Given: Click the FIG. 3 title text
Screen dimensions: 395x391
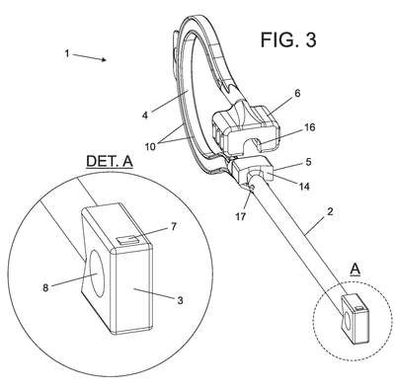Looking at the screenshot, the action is coord(288,39).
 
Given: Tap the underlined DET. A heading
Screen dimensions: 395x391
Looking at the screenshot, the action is coord(110,162).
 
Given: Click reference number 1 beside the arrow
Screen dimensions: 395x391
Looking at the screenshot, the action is coord(67,53).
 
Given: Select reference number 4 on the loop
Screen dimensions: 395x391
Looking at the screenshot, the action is coord(145,116).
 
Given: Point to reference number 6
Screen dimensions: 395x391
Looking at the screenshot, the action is coord(297,93).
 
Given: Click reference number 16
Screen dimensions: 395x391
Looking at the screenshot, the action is coord(310,127).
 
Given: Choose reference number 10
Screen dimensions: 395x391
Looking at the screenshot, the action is coord(150,146).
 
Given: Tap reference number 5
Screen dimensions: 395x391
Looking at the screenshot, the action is coord(308,162).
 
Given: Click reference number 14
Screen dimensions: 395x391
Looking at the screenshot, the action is coord(304,187).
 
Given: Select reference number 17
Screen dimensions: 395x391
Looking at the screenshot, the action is coord(241,217).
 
